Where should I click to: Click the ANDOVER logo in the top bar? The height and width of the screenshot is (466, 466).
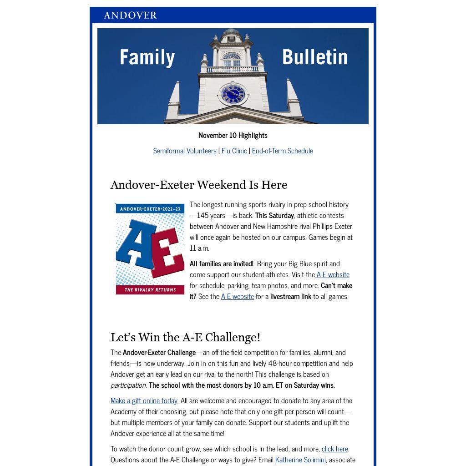pos(130,15)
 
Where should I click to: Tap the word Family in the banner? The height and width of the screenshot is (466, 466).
pos(147,57)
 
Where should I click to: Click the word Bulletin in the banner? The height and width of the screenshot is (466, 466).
pos(315,57)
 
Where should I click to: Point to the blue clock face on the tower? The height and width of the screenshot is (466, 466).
pos(233,94)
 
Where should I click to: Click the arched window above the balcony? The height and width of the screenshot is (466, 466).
pos(232,60)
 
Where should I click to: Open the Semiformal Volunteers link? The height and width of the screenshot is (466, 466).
pos(185,151)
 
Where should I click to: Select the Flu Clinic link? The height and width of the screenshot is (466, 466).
pos(234,151)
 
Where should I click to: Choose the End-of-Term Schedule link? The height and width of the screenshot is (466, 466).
pos(282,151)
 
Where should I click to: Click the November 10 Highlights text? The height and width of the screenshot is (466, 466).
pos(233,135)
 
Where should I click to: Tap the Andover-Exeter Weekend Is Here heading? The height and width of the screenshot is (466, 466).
pos(199,185)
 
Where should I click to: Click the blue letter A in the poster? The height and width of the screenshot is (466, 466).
pos(135,243)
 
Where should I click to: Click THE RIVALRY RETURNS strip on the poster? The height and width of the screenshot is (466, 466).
pos(150,290)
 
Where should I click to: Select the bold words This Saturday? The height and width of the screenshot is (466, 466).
pos(274,215)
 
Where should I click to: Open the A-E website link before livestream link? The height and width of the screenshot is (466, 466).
pos(237,296)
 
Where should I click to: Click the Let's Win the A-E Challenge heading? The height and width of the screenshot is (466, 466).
pos(185,337)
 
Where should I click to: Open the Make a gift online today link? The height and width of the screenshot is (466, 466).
pos(144,400)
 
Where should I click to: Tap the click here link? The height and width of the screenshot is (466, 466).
pos(334,449)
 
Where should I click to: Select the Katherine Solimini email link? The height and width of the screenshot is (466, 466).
pos(300,460)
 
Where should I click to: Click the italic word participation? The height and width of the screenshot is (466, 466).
pos(128,385)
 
